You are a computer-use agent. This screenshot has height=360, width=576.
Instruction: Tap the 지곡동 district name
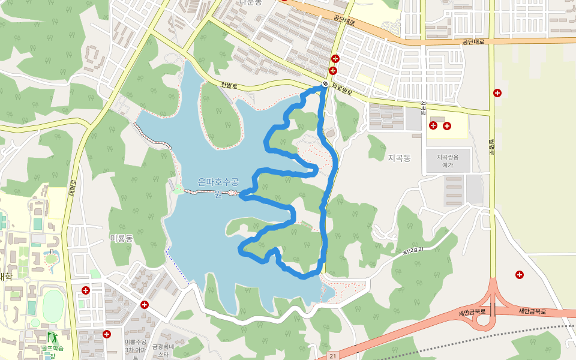pyautogui.click(x=399, y=158)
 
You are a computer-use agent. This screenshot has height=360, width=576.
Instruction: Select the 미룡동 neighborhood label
pyautogui.click(x=121, y=238)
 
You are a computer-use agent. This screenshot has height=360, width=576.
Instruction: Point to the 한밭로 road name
pyautogui.click(x=229, y=86)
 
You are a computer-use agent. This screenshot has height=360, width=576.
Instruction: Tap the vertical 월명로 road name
pyautogui.click(x=490, y=148)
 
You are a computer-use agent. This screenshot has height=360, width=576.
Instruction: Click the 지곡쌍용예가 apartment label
pyautogui.click(x=448, y=160)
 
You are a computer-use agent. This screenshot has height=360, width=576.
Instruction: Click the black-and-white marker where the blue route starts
pyautogui.click(x=325, y=84)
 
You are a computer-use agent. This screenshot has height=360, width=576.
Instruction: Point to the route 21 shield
pyautogui.click(x=332, y=356)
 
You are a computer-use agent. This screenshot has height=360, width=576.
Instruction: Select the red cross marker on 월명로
pyautogui.click(x=497, y=92)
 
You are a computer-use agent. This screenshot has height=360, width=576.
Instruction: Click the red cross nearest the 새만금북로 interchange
pyautogui.click(x=520, y=275)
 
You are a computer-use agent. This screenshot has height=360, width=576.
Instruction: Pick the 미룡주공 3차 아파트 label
pyautogui.click(x=136, y=350)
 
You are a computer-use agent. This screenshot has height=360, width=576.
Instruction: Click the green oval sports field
pyautogui.click(x=53, y=305)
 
